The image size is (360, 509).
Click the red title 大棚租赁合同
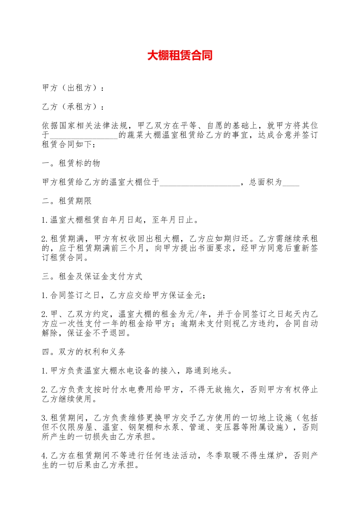point(180,56)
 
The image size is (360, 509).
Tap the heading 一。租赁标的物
point(71,163)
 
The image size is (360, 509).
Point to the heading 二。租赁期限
point(67,201)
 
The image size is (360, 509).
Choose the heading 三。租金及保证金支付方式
point(92,276)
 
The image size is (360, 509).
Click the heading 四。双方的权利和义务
point(84,352)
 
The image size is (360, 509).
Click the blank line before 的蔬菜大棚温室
point(84,136)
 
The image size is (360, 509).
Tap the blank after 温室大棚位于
point(200,183)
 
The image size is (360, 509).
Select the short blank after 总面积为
point(291,183)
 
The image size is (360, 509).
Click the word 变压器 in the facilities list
point(227,428)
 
